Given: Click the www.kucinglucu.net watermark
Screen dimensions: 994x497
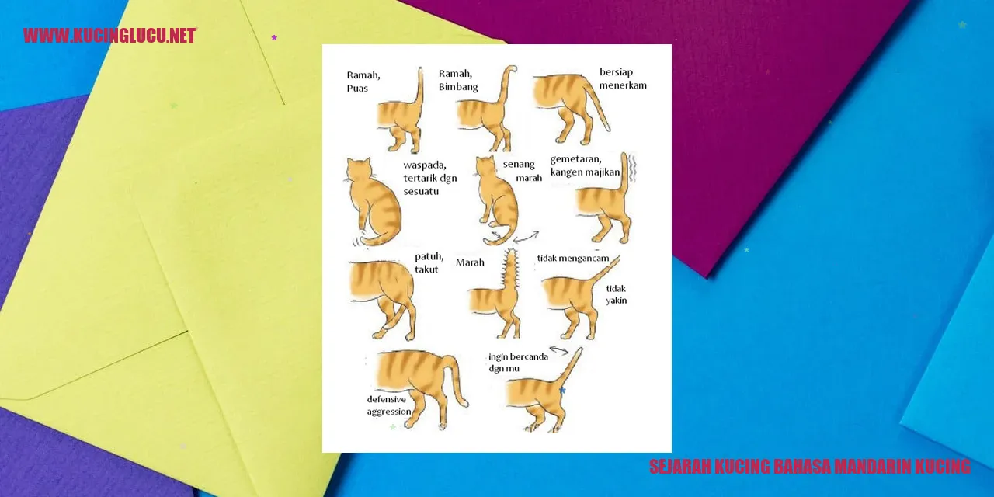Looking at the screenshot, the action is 109,36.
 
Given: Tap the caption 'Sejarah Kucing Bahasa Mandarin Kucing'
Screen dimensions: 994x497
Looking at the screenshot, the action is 810,467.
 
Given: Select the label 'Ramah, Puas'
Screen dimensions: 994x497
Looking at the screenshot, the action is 363,82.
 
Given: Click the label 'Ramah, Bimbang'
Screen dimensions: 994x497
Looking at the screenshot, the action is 458,80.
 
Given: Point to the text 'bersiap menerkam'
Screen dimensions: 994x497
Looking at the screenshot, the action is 623,78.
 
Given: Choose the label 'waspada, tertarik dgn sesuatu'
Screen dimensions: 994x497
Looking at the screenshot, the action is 430,178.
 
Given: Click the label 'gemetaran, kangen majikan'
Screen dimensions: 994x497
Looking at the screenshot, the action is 585,165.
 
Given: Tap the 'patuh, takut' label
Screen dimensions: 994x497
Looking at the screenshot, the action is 429,262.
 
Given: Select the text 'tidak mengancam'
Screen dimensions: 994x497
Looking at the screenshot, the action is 573,259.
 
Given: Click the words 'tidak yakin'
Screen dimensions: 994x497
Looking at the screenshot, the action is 617,294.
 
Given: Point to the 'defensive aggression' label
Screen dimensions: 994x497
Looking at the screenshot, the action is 389,405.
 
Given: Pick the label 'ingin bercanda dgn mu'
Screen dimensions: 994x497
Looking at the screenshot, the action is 518,362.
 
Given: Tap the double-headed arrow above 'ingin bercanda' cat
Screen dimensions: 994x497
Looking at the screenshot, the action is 559,350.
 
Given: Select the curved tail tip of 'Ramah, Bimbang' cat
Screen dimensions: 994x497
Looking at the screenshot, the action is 511,69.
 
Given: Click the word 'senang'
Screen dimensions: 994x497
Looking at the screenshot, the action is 519,164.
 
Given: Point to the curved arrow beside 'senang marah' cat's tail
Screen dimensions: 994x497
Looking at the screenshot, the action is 527,237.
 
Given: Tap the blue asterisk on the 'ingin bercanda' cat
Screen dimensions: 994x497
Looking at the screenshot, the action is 562,391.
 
